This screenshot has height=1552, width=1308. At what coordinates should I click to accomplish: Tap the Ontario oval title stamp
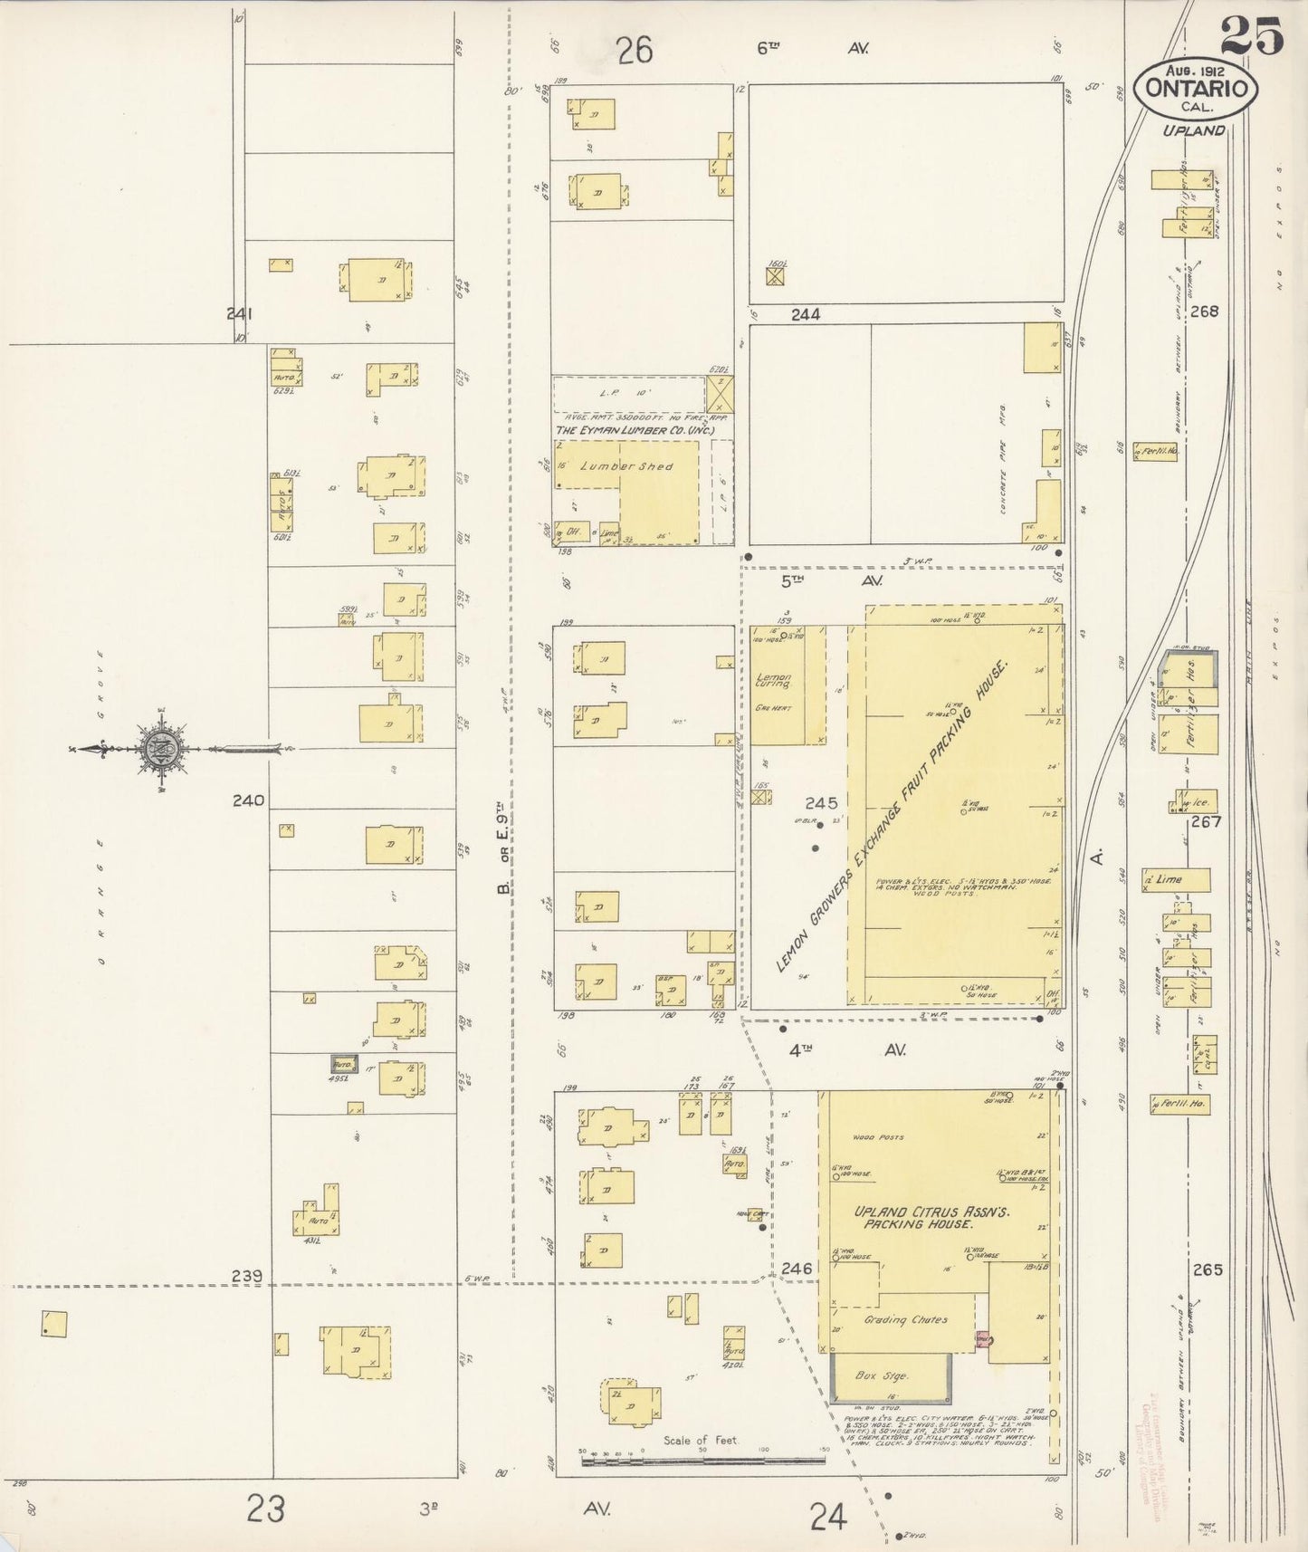click(1197, 88)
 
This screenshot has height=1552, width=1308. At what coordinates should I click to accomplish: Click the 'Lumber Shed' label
click(639, 466)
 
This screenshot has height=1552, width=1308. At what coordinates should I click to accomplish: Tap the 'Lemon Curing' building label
click(774, 682)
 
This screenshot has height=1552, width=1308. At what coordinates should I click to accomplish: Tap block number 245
click(820, 803)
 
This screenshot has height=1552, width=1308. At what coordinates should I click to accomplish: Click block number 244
click(805, 314)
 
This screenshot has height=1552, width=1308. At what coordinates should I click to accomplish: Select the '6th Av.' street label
click(811, 49)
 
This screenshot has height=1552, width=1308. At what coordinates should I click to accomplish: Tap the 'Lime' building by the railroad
click(1175, 879)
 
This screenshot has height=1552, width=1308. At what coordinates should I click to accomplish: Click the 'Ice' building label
click(1198, 801)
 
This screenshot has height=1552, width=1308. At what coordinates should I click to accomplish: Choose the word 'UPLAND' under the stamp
click(1194, 130)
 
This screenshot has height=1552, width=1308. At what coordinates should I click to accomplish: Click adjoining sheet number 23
click(265, 1509)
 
